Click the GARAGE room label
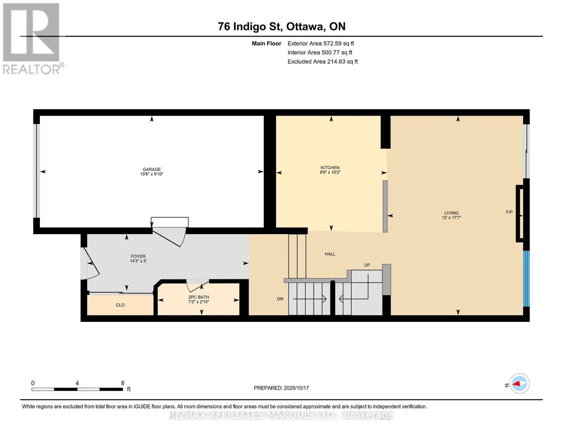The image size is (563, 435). (x=152, y=169)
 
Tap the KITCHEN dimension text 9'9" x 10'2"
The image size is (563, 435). (x=330, y=173)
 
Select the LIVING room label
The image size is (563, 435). (x=451, y=213)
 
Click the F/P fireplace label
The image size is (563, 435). (x=509, y=212)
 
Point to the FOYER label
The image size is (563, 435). (x=138, y=256)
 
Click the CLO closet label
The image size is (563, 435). (x=120, y=305)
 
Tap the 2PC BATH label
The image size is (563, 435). (x=199, y=297)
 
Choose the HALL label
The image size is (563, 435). (x=330, y=254)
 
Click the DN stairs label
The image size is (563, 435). (x=280, y=299)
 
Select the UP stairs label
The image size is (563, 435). (x=367, y=265)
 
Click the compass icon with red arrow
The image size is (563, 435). (x=519, y=384)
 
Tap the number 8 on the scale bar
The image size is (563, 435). (x=123, y=383)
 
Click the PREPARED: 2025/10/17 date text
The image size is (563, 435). (x=281, y=388)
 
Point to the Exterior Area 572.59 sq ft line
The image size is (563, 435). (x=320, y=43)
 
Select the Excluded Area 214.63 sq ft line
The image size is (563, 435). (x=322, y=62)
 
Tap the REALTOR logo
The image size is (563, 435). (x=32, y=38)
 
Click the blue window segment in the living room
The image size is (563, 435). (x=526, y=278)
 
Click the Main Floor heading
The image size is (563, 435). (x=266, y=43)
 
